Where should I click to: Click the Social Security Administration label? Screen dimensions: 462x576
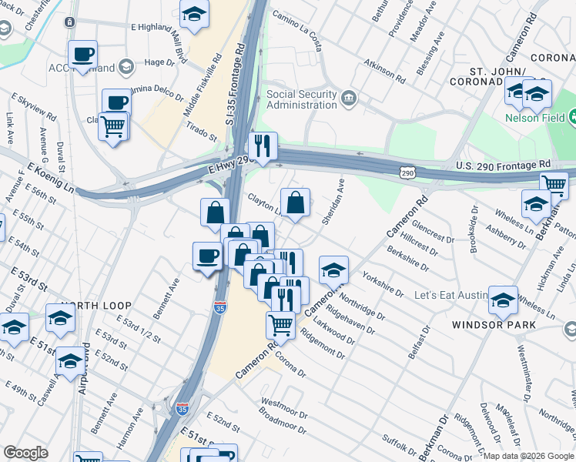point(301,99)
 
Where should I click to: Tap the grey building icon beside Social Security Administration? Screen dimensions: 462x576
point(349,97)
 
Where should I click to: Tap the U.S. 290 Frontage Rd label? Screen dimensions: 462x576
point(503,164)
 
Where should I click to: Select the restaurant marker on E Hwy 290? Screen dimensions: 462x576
point(263,144)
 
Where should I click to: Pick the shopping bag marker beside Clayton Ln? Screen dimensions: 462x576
point(295,203)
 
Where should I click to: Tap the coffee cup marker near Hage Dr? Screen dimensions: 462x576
point(82,55)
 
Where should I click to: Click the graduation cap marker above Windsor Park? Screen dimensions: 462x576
point(503,300)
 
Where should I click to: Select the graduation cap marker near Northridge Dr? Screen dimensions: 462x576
point(333,269)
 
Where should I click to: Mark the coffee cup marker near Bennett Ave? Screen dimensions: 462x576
point(206,256)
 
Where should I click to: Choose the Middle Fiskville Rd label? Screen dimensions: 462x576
point(203,85)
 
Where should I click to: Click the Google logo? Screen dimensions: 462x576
point(25,453)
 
